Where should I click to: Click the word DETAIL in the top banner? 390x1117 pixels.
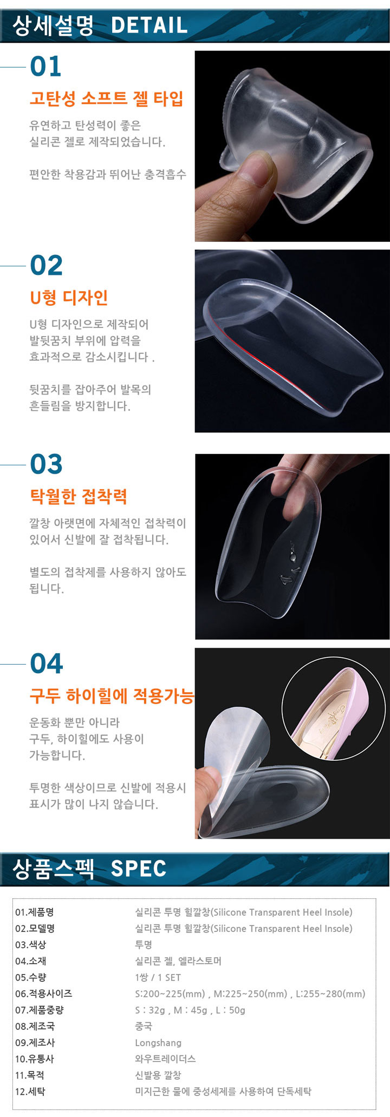click(x=149, y=25)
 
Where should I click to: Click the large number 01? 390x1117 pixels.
click(x=46, y=66)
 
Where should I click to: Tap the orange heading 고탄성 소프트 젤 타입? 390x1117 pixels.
click(x=107, y=98)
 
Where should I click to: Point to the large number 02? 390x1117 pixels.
click(x=47, y=265)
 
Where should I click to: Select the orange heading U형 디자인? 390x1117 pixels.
click(x=69, y=297)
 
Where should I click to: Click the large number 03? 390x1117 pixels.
click(x=47, y=464)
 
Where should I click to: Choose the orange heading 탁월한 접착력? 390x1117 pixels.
click(x=79, y=496)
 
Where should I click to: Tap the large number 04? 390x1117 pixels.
click(x=47, y=663)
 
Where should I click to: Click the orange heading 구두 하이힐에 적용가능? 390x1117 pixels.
click(x=112, y=695)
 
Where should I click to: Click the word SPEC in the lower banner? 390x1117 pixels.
click(x=139, y=869)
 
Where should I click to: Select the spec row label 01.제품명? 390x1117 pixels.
click(x=35, y=912)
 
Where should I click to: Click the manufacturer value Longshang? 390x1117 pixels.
click(x=158, y=1043)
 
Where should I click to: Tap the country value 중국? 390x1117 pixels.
click(x=144, y=1026)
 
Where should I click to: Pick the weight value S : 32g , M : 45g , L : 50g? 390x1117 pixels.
click(x=190, y=1010)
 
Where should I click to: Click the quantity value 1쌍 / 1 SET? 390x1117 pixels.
click(x=158, y=977)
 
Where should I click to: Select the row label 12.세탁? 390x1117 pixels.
click(x=30, y=1092)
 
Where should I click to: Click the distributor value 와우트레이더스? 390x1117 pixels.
click(x=165, y=1059)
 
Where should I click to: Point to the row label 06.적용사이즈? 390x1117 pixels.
click(x=44, y=994)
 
